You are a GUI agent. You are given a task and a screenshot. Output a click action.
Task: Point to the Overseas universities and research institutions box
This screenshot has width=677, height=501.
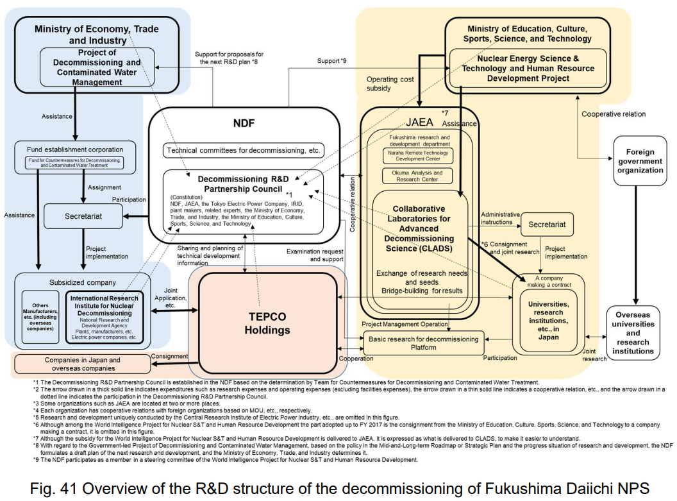point(633,333)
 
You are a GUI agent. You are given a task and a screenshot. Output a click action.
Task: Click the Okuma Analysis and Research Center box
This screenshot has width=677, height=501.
point(417,176)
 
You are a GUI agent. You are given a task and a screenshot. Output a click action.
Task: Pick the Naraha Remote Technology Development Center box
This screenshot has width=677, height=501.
point(417,155)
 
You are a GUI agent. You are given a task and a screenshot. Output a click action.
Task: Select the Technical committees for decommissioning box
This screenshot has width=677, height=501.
point(243,151)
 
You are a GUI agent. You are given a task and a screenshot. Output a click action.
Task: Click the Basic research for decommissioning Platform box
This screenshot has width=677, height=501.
point(424,343)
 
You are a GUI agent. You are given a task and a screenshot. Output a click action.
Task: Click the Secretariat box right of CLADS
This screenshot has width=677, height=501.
point(547,225)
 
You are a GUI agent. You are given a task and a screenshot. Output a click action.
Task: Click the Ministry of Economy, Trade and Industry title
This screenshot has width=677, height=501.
point(97,34)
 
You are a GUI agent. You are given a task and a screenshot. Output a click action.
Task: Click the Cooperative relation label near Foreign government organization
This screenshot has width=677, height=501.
point(614,114)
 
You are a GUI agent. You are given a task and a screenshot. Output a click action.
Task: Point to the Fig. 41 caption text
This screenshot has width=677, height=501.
point(339,487)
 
